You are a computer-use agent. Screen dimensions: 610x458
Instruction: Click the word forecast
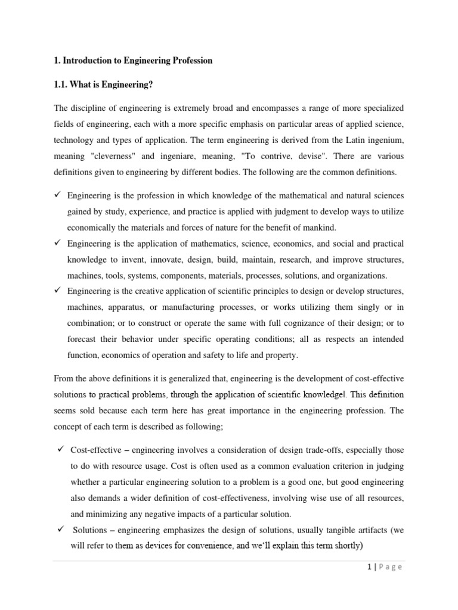(83, 339)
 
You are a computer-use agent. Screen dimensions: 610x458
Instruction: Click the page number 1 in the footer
(370, 567)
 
